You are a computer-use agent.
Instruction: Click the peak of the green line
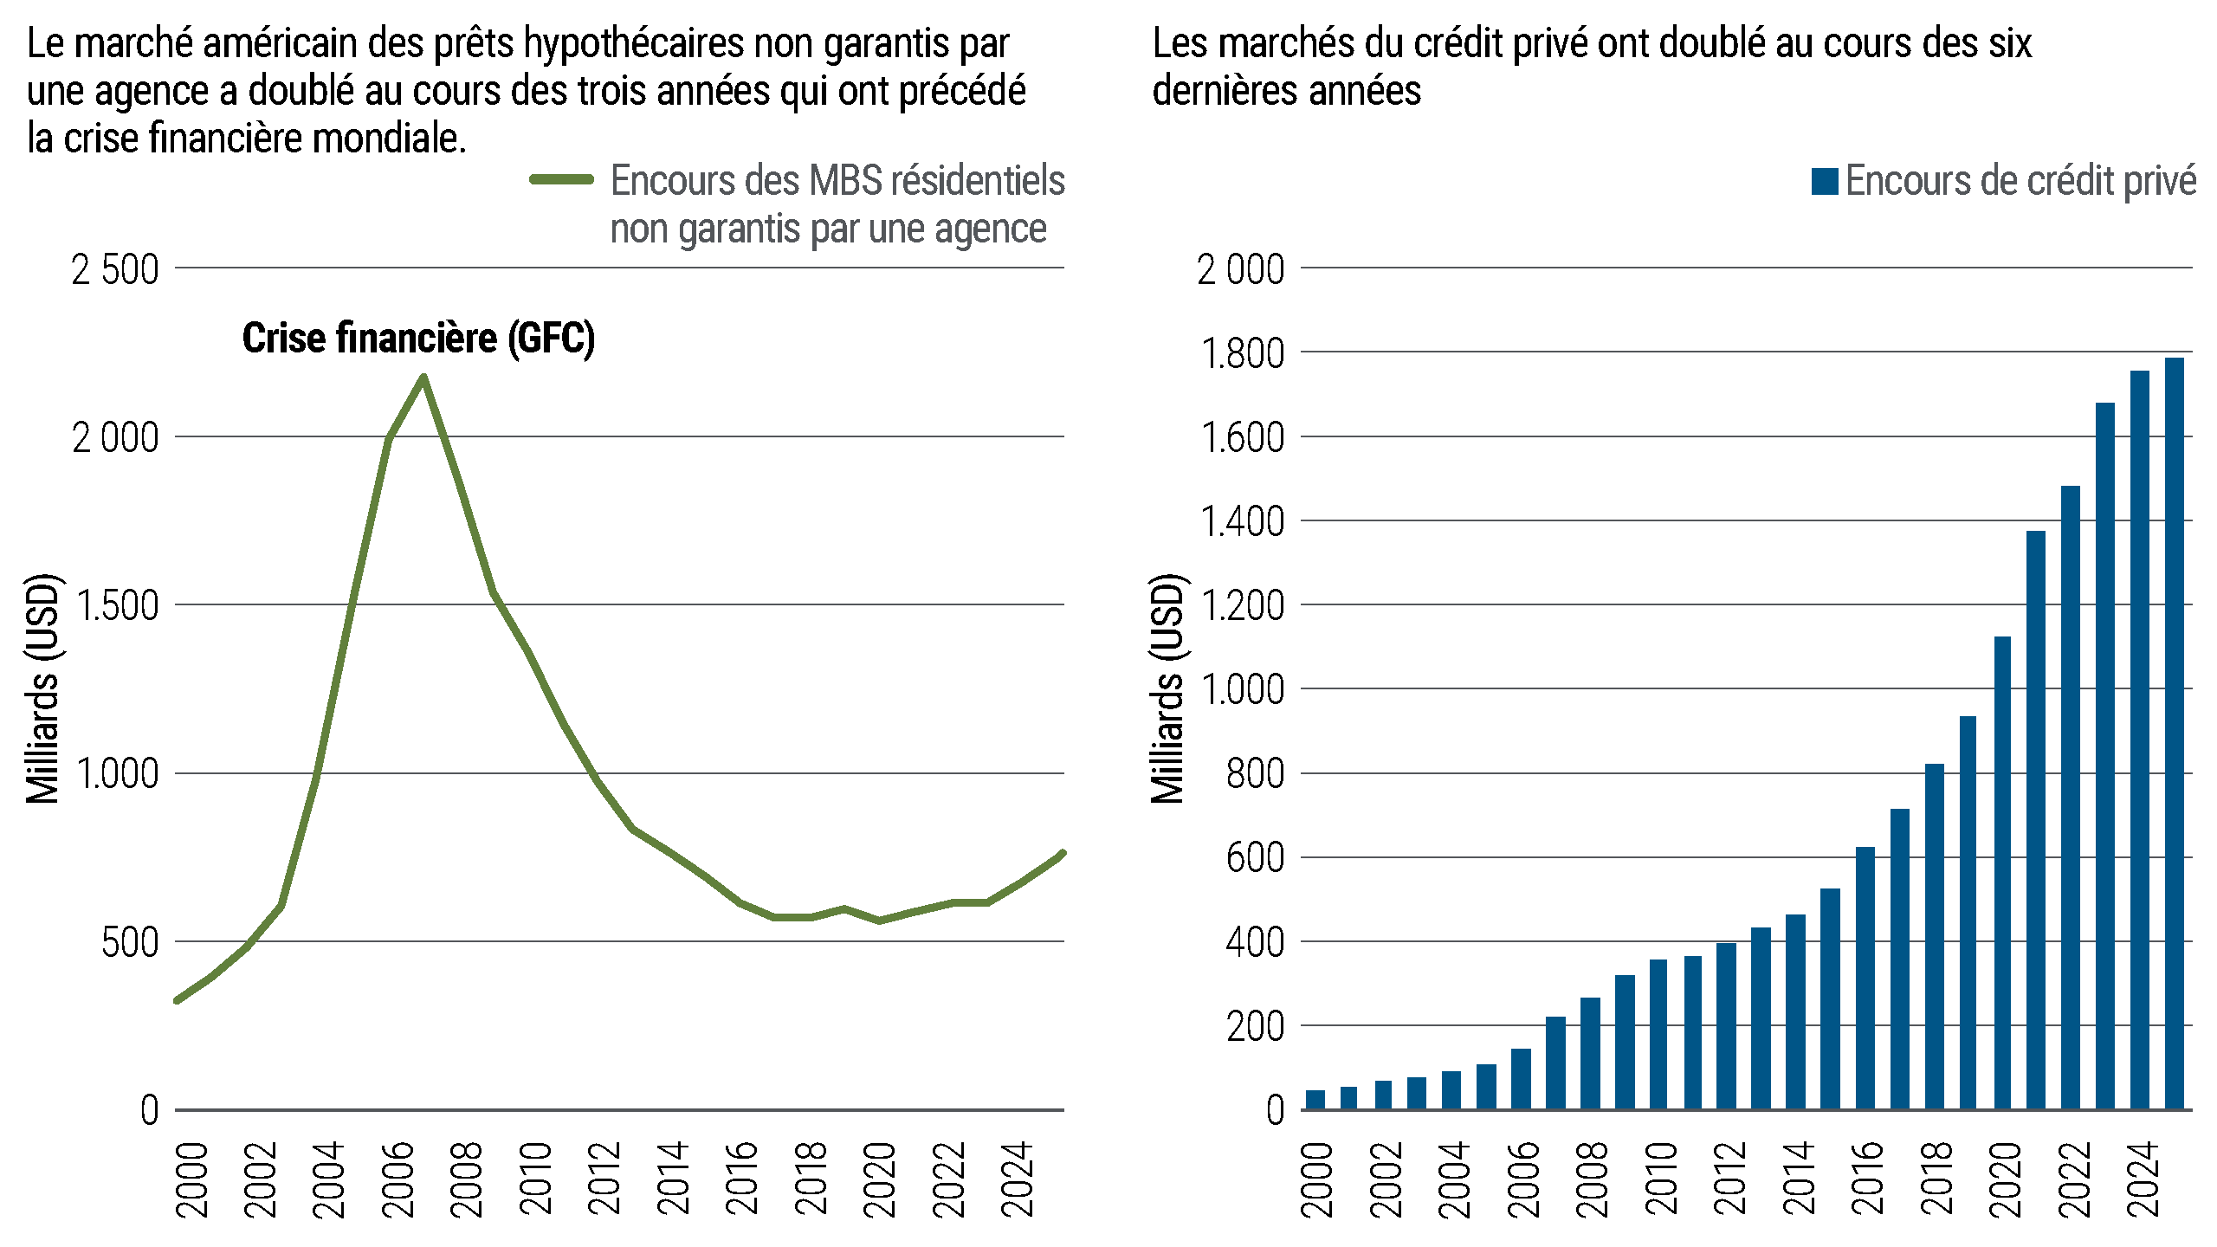click(x=423, y=378)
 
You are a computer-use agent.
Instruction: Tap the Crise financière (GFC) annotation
click(x=418, y=338)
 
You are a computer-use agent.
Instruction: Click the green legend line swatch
click(x=561, y=180)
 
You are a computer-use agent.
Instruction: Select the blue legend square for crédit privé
click(x=1824, y=181)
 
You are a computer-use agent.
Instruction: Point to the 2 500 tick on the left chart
click(x=115, y=270)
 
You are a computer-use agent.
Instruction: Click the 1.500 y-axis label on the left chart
click(x=117, y=606)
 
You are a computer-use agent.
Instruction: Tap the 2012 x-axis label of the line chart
click(x=604, y=1179)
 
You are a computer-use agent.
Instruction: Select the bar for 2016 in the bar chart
click(x=1865, y=979)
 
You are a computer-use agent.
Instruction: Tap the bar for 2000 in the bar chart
click(x=1315, y=1100)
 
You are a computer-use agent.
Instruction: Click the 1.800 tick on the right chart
click(x=1242, y=354)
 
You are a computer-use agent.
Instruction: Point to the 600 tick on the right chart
click(x=1255, y=859)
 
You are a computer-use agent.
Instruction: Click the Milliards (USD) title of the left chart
click(x=42, y=688)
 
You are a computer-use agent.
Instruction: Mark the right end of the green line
click(x=1063, y=854)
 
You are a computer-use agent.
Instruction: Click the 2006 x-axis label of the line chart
click(x=398, y=1179)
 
